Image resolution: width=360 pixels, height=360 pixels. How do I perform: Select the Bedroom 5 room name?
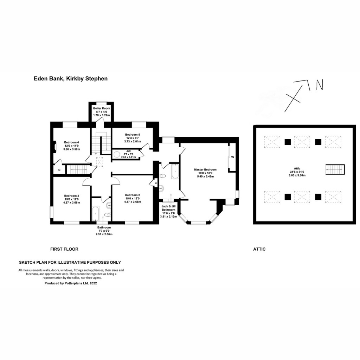pos(132,135)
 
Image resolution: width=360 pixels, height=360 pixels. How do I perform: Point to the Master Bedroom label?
pos(205,169)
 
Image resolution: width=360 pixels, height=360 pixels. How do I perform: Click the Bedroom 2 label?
pos(132,195)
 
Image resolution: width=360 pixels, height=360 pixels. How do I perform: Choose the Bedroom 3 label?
pos(71,196)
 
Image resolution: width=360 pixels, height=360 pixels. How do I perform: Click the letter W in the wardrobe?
pos(233,157)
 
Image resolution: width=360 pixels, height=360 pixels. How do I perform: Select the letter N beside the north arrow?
pos(320,84)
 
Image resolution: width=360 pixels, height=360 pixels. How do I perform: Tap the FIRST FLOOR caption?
pos(64,249)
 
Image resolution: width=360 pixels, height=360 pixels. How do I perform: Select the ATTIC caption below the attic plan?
pos(259,249)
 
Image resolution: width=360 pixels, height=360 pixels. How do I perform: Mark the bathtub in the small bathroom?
pos(96,213)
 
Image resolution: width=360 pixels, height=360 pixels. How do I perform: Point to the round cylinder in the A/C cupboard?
pos(116,154)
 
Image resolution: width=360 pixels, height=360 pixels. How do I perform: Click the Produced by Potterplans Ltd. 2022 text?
pos(71,283)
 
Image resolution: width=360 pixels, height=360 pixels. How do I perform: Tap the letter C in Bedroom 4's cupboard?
pos(59,170)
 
